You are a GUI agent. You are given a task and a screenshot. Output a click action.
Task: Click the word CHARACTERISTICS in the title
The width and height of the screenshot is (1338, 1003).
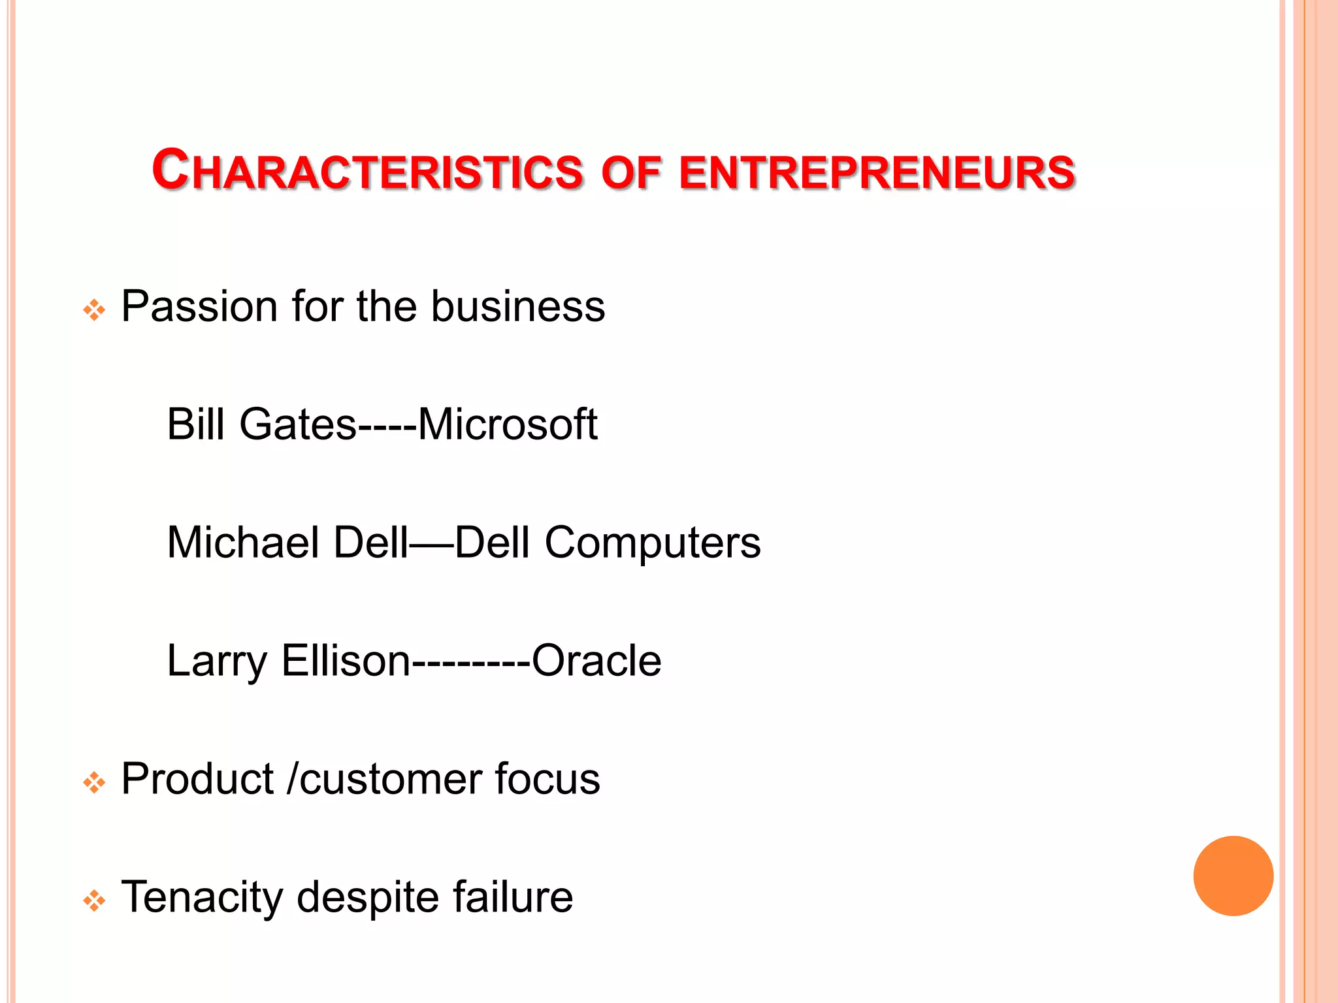pyautogui.click(x=367, y=171)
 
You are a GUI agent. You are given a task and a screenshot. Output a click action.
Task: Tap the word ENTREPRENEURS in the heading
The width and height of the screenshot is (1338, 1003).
pyautogui.click(x=877, y=172)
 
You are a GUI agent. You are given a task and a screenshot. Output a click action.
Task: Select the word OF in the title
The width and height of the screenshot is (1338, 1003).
pyautogui.click(x=630, y=172)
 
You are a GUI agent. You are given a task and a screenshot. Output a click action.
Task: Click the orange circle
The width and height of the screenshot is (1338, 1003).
pyautogui.click(x=1233, y=876)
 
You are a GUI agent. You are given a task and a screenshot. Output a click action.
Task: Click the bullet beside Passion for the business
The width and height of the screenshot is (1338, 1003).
pyautogui.click(x=94, y=310)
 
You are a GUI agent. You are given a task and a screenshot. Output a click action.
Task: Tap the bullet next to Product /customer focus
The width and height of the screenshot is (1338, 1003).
pyautogui.click(x=94, y=782)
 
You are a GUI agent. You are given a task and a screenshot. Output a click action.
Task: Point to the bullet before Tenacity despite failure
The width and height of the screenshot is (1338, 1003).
pyautogui.click(x=94, y=900)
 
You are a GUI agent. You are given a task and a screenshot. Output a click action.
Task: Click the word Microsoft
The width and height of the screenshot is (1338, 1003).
pyautogui.click(x=507, y=424)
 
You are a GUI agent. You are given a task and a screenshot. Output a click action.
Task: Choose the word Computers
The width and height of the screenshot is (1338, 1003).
pyautogui.click(x=653, y=544)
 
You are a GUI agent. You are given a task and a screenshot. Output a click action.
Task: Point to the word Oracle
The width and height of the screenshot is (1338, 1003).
pyautogui.click(x=596, y=661)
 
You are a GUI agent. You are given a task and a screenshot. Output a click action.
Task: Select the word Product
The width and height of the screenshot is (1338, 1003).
pyautogui.click(x=197, y=779)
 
